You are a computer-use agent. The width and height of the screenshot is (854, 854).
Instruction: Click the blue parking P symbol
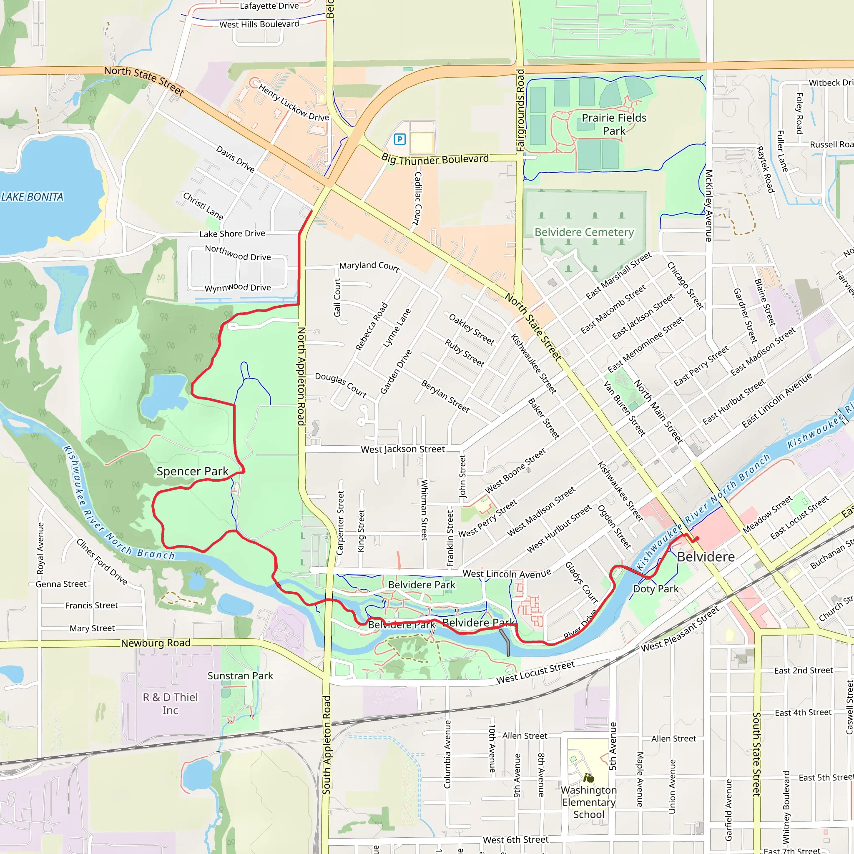tap(399, 140)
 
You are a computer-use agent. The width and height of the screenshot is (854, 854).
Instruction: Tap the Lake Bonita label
tap(32, 197)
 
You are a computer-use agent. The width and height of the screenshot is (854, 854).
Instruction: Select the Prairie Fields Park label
tap(613, 124)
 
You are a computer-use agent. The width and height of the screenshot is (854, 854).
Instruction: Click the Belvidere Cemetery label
tap(584, 232)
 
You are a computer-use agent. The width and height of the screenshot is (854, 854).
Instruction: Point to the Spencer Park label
tap(192, 471)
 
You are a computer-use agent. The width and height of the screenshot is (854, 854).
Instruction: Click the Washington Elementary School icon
tap(588, 778)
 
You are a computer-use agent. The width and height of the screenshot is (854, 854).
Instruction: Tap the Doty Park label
tap(656, 589)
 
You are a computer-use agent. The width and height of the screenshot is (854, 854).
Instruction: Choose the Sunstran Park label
tap(240, 676)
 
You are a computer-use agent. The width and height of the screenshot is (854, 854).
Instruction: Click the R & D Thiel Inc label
tap(170, 704)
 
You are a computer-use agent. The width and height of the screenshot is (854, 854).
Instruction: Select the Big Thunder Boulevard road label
tap(435, 159)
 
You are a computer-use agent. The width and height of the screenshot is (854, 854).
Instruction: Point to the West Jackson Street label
tap(403, 449)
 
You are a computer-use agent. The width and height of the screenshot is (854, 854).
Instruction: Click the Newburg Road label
tap(156, 643)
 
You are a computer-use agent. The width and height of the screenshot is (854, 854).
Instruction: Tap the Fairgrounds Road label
tap(520, 111)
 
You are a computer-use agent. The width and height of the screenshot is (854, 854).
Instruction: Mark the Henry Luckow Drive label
tap(294, 103)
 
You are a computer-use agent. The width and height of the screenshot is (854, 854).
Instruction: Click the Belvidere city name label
tap(706, 557)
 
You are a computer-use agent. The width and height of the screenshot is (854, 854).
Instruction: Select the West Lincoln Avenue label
tap(507, 574)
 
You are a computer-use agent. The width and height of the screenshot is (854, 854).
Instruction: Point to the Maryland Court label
tap(369, 266)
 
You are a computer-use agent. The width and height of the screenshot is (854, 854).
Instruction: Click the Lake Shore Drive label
tap(232, 234)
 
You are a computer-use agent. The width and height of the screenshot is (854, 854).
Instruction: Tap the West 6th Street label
tap(515, 839)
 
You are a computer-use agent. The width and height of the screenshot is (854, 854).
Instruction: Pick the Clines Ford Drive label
tap(102, 562)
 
